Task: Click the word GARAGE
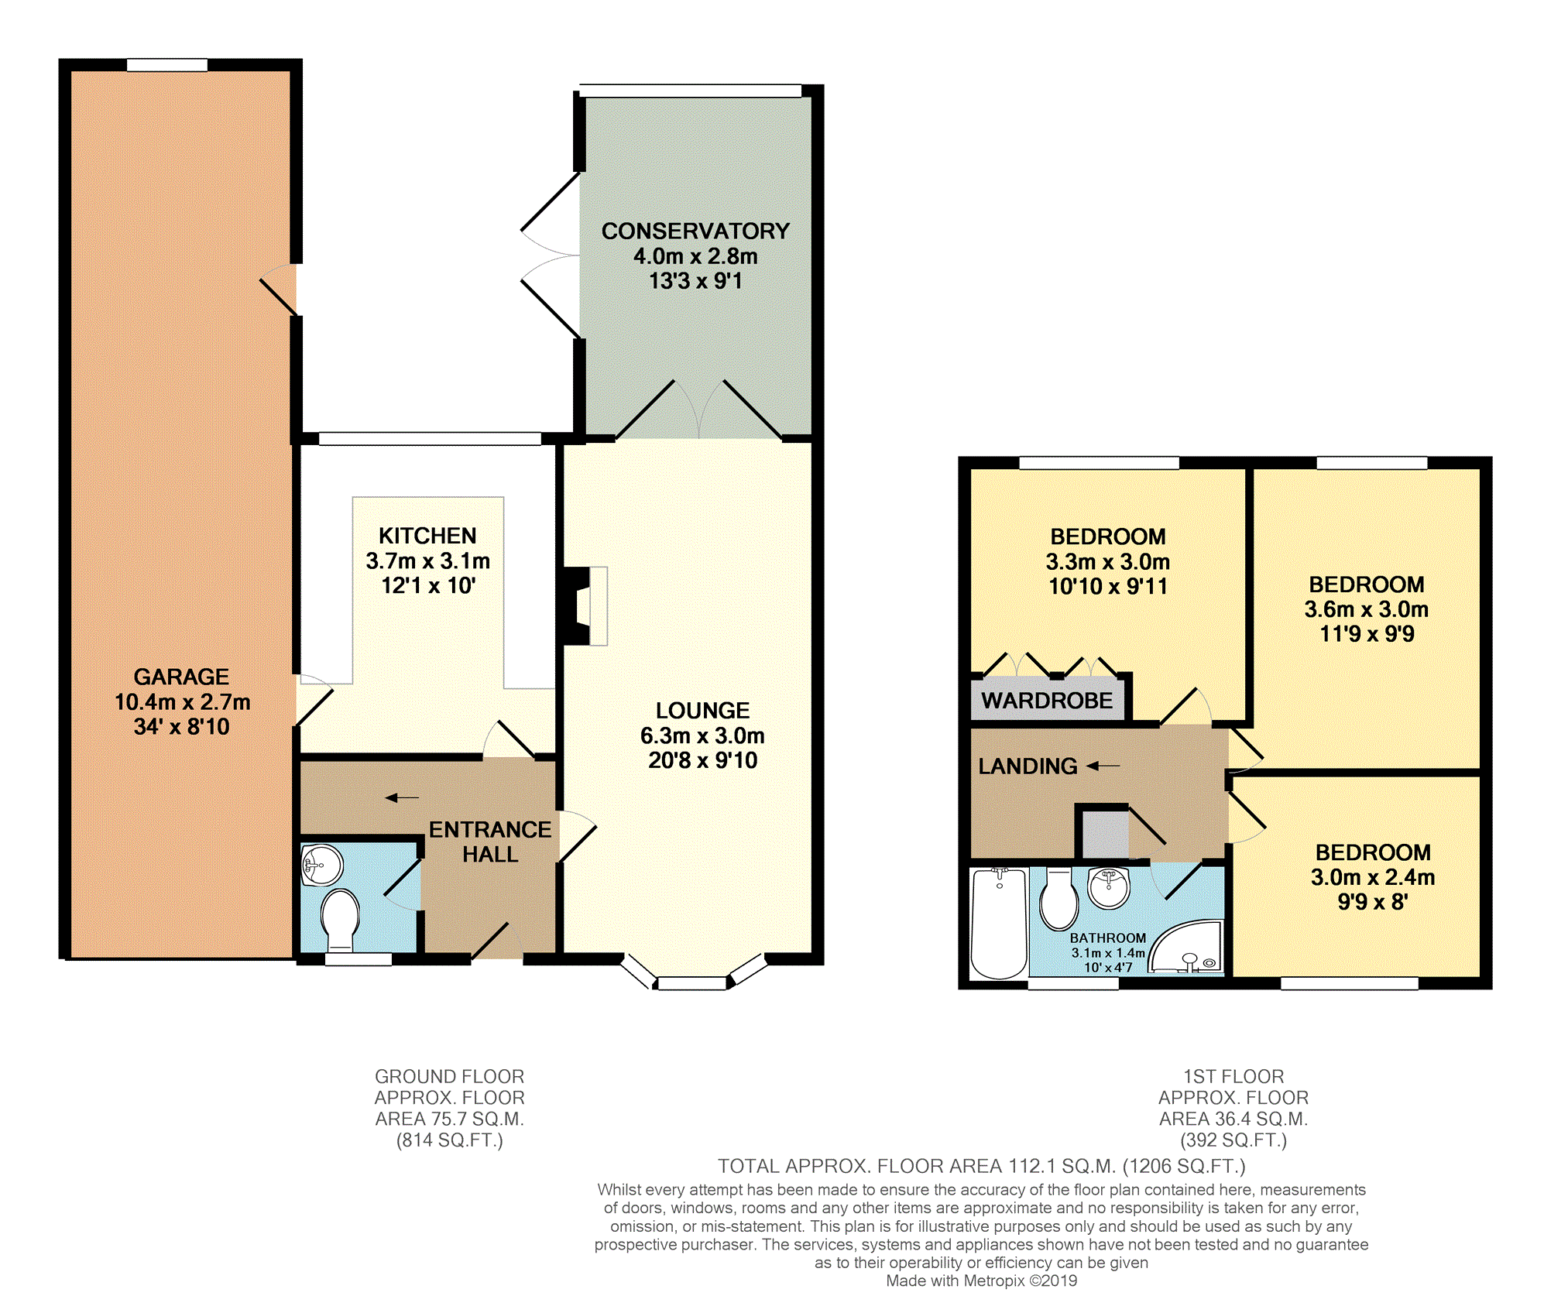tap(181, 677)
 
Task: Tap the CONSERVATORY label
tap(695, 231)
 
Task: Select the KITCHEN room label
tap(427, 536)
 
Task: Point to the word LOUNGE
tap(702, 711)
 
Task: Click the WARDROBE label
tap(1047, 701)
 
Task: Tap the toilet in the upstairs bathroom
tap(1059, 898)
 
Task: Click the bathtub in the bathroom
tap(1000, 923)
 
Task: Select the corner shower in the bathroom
tap(1187, 947)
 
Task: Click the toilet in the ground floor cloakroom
tap(340, 921)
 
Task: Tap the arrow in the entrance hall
tap(403, 797)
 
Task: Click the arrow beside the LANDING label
tap(1103, 766)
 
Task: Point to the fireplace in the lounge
tap(585, 606)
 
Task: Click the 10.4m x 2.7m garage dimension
tap(183, 702)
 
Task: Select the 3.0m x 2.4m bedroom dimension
tap(1373, 877)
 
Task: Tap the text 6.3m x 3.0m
tap(702, 735)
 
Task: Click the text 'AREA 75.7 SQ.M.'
tap(450, 1119)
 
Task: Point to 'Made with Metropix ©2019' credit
tap(982, 1281)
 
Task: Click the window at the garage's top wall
tap(167, 65)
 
